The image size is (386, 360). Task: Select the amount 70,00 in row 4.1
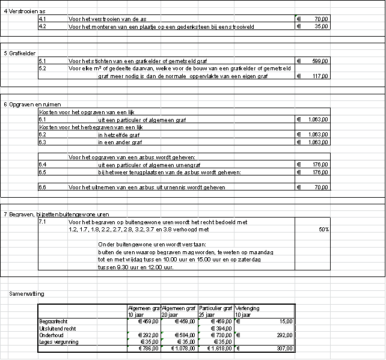click(322, 20)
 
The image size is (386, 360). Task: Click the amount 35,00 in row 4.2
click(322, 27)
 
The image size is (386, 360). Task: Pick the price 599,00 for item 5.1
click(319, 61)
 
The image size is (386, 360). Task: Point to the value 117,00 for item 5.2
click(319, 76)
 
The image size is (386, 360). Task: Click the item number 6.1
click(42, 120)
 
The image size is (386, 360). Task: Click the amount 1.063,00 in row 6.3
click(316, 142)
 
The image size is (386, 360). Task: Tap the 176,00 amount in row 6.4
click(319, 164)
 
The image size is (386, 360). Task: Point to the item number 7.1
click(42, 222)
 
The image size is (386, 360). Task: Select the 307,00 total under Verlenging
click(283, 348)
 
